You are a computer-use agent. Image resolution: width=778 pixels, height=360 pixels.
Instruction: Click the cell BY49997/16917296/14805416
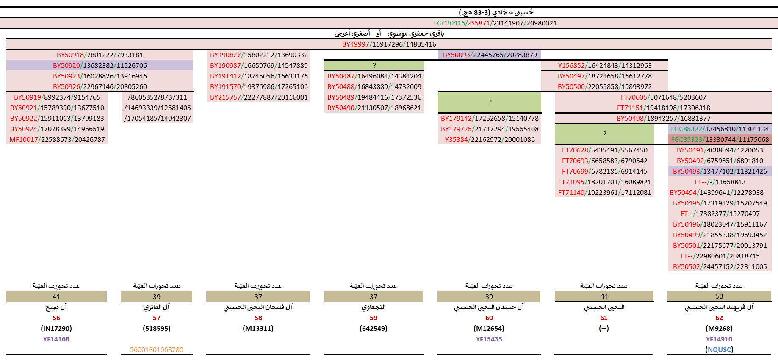(x=389, y=44)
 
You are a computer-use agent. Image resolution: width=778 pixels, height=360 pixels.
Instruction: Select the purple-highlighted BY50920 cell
(x=100, y=65)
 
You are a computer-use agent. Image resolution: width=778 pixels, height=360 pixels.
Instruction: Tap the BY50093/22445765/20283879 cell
(x=490, y=55)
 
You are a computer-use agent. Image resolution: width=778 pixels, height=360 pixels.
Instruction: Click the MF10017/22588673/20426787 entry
(x=57, y=139)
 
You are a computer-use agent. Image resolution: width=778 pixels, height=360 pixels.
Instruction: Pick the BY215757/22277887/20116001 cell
(x=259, y=97)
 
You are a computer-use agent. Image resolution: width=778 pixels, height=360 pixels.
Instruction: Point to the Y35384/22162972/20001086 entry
(x=490, y=139)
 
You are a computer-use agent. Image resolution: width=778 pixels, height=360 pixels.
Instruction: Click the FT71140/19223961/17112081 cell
(x=604, y=192)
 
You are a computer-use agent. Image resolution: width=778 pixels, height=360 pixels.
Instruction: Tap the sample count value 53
(x=719, y=296)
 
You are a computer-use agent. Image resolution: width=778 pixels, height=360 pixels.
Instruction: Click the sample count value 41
(x=56, y=296)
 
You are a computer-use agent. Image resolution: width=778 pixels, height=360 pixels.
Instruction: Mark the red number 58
(x=258, y=318)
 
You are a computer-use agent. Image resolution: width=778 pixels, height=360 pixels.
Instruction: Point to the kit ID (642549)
(x=373, y=328)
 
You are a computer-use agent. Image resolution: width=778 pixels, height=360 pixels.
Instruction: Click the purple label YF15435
(x=489, y=339)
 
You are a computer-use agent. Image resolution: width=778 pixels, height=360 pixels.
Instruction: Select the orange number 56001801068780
(x=157, y=349)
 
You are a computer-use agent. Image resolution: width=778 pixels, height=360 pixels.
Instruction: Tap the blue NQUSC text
(x=719, y=349)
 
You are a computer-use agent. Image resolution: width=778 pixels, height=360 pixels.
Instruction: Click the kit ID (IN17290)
(x=56, y=328)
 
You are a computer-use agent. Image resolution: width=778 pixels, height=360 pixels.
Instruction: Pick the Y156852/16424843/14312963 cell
(x=604, y=65)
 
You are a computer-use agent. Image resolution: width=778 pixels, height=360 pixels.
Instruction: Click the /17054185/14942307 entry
(x=157, y=118)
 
